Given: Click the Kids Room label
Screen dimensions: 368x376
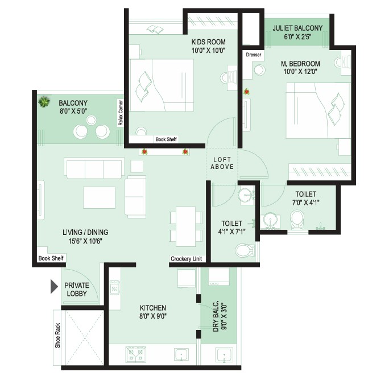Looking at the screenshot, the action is (208, 42).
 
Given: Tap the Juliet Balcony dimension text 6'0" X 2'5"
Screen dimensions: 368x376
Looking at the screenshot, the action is (298, 37).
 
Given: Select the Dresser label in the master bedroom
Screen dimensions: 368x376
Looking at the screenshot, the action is (254, 55).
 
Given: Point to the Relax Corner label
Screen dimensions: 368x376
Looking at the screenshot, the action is (121, 113).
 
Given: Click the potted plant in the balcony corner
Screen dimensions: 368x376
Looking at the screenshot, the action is (44, 102).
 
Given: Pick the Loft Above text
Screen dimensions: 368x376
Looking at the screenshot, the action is (222, 163).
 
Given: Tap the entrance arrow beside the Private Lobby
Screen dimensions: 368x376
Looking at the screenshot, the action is (54, 286).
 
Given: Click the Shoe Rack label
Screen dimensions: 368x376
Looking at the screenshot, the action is (57, 335).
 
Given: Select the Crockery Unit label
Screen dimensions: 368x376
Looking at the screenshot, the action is (187, 259).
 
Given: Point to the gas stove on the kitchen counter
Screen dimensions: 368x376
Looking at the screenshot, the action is (135, 354).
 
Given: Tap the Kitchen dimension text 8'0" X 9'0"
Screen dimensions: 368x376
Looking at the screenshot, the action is (153, 316).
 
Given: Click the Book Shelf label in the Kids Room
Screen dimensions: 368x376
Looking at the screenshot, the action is (166, 139).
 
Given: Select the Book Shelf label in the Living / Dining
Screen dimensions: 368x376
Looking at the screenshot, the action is (51, 258).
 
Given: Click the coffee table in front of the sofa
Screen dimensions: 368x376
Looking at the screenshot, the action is (100, 197).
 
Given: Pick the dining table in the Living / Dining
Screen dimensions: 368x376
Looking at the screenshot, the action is (185, 226).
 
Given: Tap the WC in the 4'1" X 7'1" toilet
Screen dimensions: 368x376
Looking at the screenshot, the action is (245, 250).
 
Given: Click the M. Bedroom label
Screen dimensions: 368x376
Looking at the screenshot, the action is (300, 64).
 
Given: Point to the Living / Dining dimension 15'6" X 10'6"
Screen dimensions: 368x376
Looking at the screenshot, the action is (85, 241).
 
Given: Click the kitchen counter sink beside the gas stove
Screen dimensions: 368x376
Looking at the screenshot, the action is (181, 354).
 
